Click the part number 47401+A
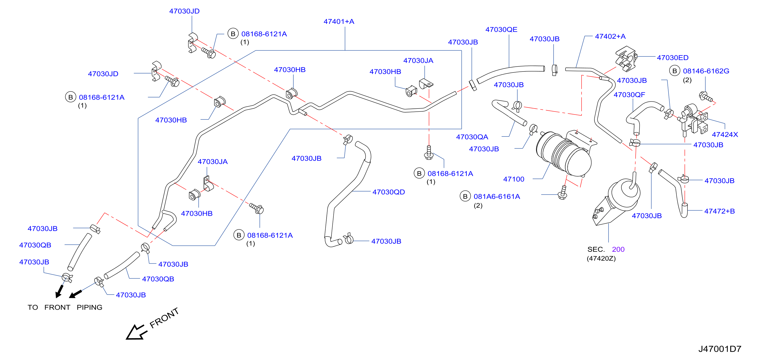click(339, 22)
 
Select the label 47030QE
click(501, 30)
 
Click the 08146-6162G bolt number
click(706, 71)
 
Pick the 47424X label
click(725, 135)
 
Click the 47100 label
click(514, 179)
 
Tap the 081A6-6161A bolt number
click(497, 197)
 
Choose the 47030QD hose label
click(388, 192)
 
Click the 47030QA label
click(472, 137)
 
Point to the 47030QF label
click(629, 95)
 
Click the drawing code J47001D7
click(720, 349)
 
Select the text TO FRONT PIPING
click(65, 307)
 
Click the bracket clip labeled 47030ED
click(626, 59)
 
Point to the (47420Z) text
click(601, 258)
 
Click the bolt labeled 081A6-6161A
click(563, 192)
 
